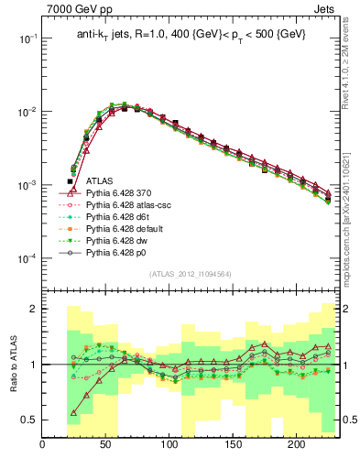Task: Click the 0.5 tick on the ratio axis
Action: (x=30, y=420)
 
